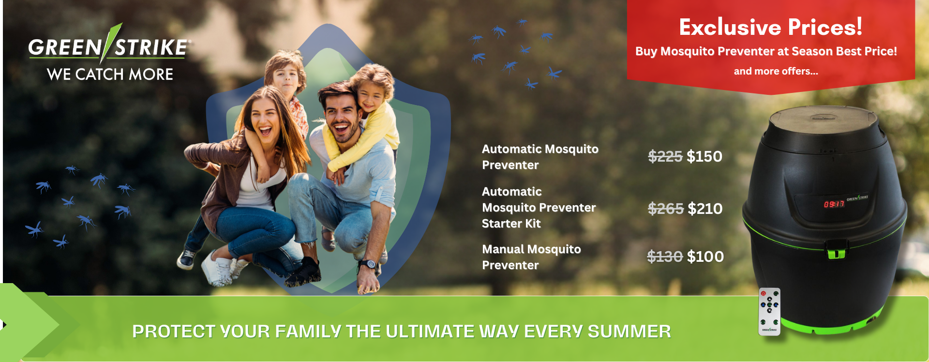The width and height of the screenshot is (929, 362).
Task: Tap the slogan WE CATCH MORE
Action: [x=110, y=74]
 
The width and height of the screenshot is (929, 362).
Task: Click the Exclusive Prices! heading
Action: [x=770, y=27]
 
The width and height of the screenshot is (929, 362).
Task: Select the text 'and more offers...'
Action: [x=776, y=71]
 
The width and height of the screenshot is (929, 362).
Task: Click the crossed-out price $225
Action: [x=665, y=156]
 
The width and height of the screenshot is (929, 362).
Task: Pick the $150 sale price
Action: [x=704, y=156]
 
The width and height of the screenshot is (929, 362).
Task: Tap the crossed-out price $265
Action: [x=666, y=209]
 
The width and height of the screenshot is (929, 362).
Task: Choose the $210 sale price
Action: [x=705, y=209]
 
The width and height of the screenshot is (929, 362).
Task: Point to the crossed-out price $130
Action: [x=665, y=256]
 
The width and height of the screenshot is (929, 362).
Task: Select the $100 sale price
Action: [x=705, y=256]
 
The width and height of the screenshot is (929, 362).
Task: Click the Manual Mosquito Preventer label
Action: [x=531, y=257]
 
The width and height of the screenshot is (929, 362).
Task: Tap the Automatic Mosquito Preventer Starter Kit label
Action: [x=539, y=208]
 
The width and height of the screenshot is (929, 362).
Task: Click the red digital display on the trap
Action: [x=834, y=204]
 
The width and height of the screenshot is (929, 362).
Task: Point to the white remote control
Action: [x=769, y=311]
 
